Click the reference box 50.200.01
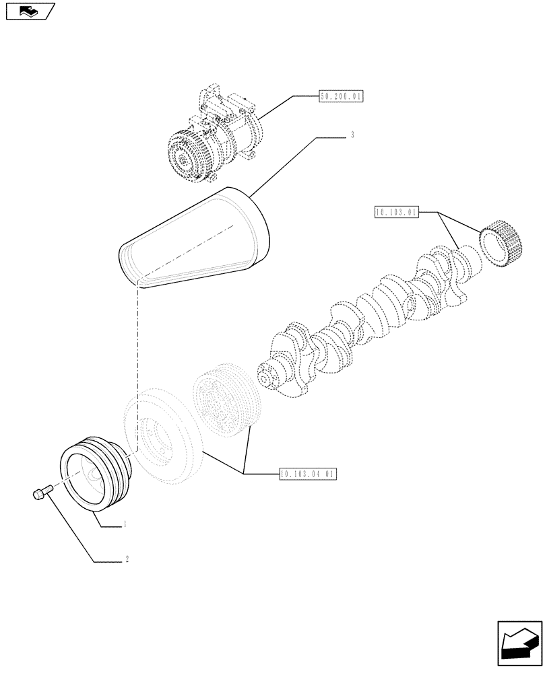coord(340,97)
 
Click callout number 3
coord(352,135)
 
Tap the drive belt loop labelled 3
coord(195,239)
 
